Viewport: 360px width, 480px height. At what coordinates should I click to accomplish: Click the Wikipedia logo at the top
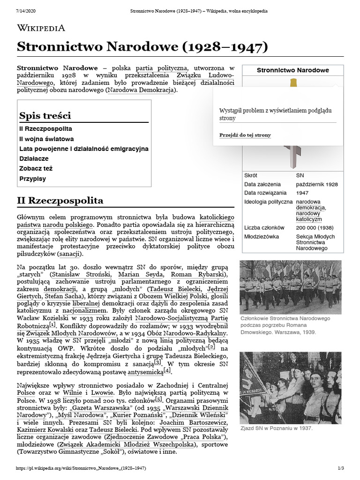tap(41, 28)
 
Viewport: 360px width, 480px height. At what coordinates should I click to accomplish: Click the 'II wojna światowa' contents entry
tap(46, 139)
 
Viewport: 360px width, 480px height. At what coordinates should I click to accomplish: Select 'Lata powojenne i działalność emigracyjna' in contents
tap(84, 149)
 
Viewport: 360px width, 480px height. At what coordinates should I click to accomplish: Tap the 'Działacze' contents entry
tap(34, 158)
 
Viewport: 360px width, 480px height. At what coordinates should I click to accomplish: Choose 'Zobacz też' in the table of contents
tap(36, 168)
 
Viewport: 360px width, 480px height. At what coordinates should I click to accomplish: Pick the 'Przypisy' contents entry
tap(33, 179)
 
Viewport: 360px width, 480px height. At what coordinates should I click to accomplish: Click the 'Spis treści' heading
tap(45, 115)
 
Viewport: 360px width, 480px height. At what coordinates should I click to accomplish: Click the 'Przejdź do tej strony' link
tap(245, 135)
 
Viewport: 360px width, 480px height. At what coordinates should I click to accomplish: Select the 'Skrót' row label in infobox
tap(251, 175)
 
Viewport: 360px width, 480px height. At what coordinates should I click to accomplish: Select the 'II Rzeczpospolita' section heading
tap(60, 201)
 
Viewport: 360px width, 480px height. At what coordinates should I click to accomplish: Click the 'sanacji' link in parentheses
tap(70, 254)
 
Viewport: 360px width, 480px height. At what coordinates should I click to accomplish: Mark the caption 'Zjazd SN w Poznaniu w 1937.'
tap(276, 428)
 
